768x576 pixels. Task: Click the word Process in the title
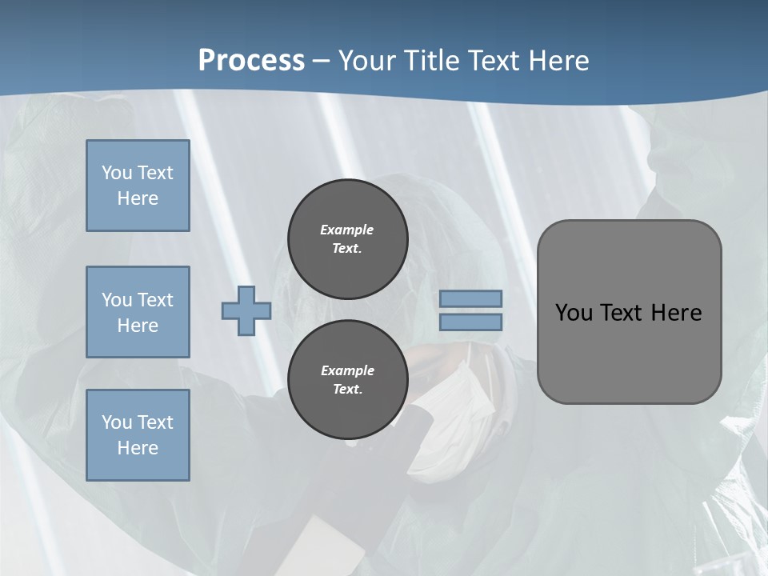[x=251, y=61]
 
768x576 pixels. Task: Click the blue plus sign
[x=246, y=310]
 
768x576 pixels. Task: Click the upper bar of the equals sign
[x=471, y=298]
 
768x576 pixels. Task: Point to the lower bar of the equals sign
[x=471, y=322]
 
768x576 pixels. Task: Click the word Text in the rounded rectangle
[x=622, y=313]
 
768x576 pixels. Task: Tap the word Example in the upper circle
[x=347, y=230]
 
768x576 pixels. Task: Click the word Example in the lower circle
[x=347, y=370]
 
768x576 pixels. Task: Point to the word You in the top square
[x=117, y=173]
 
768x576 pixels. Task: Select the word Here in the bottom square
[x=138, y=448]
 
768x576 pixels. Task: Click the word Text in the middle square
[x=154, y=300]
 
